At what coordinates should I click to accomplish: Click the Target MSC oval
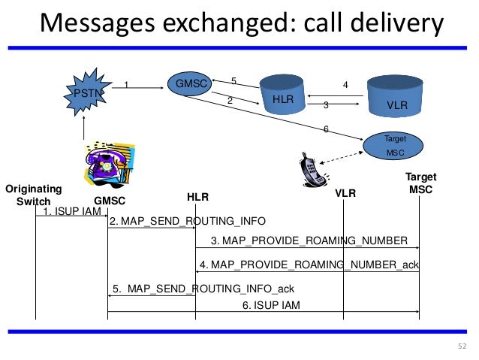pyautogui.click(x=394, y=146)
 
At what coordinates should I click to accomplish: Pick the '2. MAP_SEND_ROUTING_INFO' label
pyautogui.click(x=187, y=222)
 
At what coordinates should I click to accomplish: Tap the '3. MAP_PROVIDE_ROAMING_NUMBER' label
pyautogui.click(x=309, y=241)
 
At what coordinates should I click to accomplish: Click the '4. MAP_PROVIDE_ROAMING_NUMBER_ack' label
pyautogui.click(x=309, y=265)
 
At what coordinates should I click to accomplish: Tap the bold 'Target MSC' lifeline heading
pyautogui.click(x=420, y=183)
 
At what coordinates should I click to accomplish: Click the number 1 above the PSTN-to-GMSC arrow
pyautogui.click(x=127, y=85)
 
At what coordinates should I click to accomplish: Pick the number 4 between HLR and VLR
pyautogui.click(x=345, y=86)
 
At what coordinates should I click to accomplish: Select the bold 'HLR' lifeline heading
pyautogui.click(x=197, y=197)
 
